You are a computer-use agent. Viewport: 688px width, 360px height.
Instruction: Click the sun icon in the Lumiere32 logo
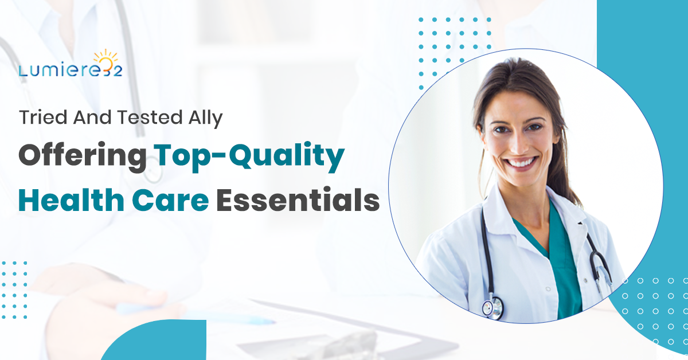(105, 58)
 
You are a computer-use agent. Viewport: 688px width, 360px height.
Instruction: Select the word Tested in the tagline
(150, 118)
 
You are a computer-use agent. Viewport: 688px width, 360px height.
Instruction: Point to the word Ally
(205, 119)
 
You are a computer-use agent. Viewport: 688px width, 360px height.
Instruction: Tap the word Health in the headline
(71, 199)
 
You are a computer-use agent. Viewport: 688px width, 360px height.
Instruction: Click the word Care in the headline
(170, 200)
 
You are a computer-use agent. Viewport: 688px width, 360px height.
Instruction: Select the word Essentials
(298, 199)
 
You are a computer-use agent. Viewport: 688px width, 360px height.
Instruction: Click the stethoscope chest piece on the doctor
(492, 307)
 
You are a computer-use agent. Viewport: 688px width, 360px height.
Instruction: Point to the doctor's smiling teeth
(522, 162)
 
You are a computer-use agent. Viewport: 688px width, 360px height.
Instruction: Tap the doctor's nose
(519, 144)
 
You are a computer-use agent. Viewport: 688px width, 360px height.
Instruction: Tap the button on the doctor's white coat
(549, 289)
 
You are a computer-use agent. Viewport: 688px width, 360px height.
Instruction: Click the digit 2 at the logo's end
(118, 71)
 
